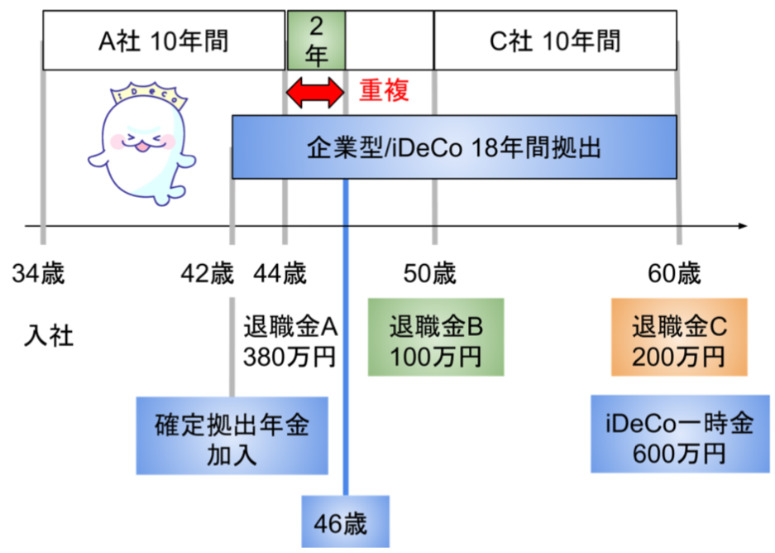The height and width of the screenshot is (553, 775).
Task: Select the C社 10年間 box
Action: click(555, 41)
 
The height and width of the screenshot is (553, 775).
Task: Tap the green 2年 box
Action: click(316, 41)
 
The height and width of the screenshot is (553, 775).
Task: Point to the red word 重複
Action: click(384, 89)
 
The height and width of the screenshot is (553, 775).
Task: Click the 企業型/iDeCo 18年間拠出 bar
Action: click(454, 147)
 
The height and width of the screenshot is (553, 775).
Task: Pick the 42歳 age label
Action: click(206, 273)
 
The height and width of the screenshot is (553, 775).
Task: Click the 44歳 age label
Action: click(281, 273)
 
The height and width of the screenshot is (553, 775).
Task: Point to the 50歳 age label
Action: click(430, 273)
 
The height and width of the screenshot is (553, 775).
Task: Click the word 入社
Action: click(48, 336)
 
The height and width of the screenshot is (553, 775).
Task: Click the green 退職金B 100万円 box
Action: click(436, 336)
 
